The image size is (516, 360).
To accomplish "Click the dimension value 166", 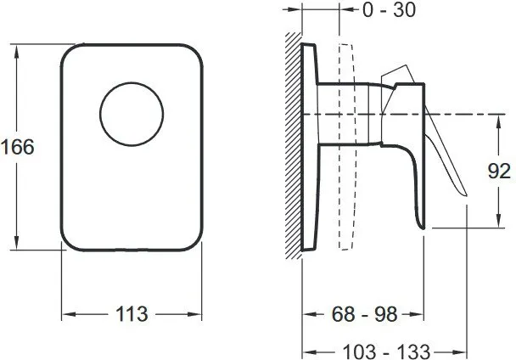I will pos(17,146).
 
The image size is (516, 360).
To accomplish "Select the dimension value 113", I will pos(131,314).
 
